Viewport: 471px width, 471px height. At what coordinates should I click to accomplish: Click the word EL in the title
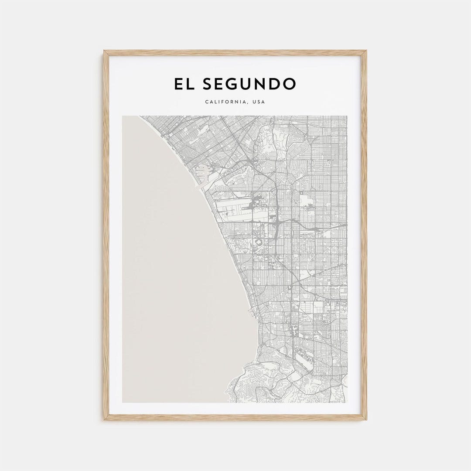pyautogui.click(x=184, y=84)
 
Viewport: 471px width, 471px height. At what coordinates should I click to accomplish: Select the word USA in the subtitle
pyautogui.click(x=258, y=102)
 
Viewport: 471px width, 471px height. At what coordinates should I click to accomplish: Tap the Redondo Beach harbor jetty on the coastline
pyautogui.click(x=251, y=310)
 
